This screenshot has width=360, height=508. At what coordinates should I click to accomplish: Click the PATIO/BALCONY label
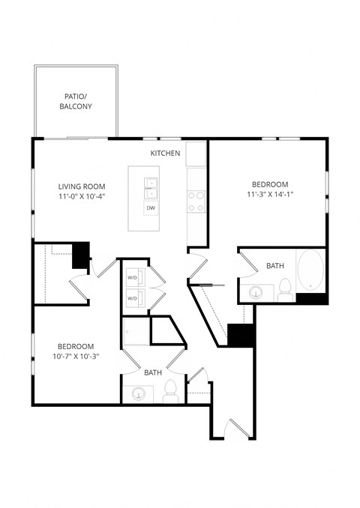point(76,101)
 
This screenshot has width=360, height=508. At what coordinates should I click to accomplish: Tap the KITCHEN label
point(165,153)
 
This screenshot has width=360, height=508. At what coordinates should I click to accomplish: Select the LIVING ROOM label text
point(82,187)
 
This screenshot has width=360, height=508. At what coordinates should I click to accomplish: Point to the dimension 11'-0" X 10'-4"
point(82,197)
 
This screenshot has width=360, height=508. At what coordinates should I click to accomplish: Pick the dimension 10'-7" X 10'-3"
point(76,357)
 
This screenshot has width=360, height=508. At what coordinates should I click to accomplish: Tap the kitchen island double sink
point(151,186)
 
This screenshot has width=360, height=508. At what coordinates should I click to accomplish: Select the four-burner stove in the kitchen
point(196,200)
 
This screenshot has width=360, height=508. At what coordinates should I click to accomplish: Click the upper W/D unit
point(133,276)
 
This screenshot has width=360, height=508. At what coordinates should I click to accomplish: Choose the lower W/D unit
point(133,297)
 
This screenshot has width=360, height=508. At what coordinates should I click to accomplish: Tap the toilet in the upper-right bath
point(284,289)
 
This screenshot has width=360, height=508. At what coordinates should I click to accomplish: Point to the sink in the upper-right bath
point(255,291)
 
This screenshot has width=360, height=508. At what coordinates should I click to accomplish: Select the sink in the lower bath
point(139,392)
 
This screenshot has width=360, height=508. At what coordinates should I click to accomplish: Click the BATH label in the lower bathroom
point(153,372)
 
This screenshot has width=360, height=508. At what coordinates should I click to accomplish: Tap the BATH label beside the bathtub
point(275,266)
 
